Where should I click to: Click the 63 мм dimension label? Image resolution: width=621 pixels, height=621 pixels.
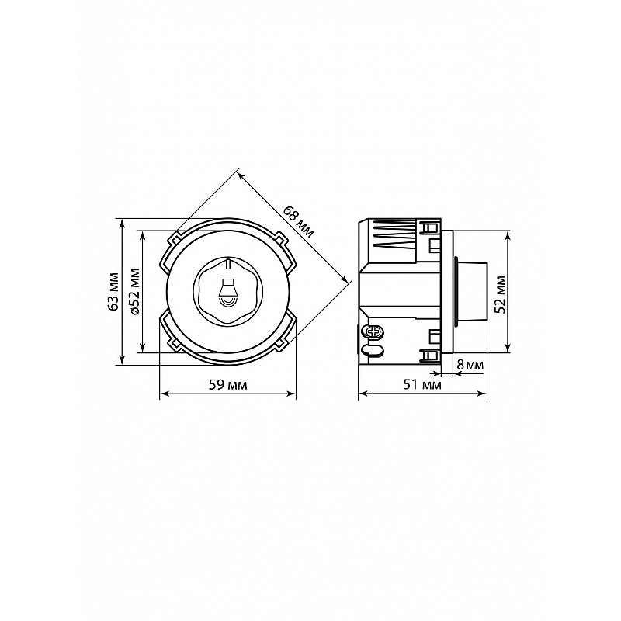pos(114,291)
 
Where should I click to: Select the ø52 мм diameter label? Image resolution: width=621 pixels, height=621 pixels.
pos(135,292)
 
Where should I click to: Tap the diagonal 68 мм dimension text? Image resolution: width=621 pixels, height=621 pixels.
pos(298,222)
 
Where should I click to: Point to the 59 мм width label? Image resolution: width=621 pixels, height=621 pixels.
pos(227,384)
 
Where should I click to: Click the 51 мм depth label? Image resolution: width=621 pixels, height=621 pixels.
pos(422,384)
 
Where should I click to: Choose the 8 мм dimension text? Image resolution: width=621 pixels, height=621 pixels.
pos(470,365)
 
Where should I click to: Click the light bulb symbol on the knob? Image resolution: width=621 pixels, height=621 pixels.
pos(227,292)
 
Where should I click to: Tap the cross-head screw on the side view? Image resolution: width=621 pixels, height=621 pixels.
pos(374,332)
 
